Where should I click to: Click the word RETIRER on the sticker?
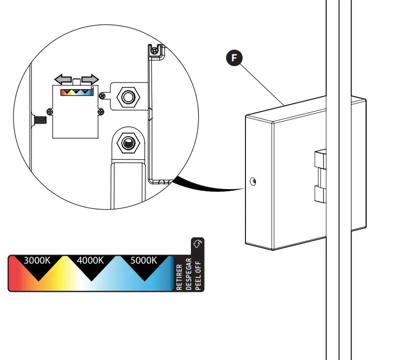pos(180,277)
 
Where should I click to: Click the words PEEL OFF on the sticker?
pos(198,274)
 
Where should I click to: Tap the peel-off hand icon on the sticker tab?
pos(198,244)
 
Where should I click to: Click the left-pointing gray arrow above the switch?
pos(63,79)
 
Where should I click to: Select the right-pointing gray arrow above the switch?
pos(90,79)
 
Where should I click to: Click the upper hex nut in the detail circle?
pos(127,96)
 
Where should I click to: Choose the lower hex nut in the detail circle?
pos(127,141)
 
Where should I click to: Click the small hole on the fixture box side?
pos(253,182)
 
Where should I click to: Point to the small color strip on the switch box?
pos(77,92)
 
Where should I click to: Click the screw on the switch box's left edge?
pos(50,111)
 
